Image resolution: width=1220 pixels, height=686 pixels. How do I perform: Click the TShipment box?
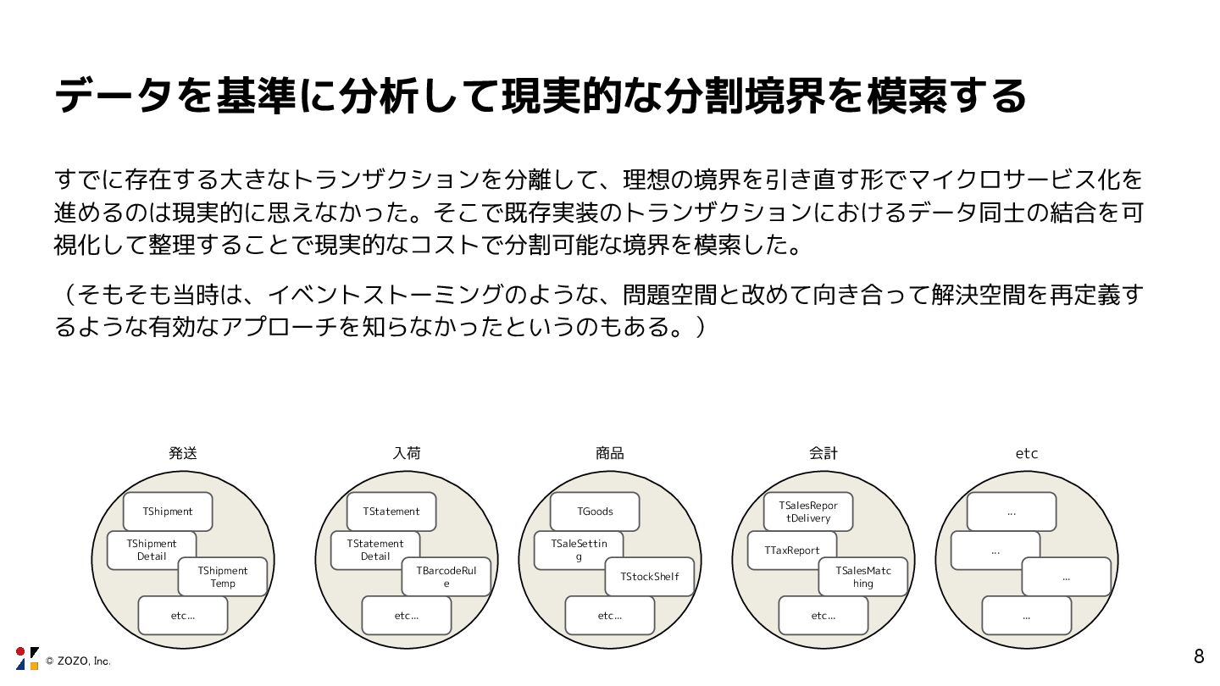pyautogui.click(x=168, y=512)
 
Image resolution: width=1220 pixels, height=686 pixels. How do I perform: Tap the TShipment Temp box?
pyautogui.click(x=223, y=577)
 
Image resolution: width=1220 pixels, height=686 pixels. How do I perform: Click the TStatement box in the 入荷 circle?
pyautogui.click(x=391, y=512)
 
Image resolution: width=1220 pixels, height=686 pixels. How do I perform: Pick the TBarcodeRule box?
pyautogui.click(x=446, y=577)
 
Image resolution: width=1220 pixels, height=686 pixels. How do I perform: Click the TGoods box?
pyautogui.click(x=595, y=512)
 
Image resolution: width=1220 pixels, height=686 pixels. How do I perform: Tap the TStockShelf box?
pyautogui.click(x=650, y=577)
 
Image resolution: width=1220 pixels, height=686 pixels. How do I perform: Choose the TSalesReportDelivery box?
pyautogui.click(x=808, y=512)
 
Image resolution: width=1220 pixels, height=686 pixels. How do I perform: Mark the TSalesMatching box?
pyautogui.click(x=863, y=577)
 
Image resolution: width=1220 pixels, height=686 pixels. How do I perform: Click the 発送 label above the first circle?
pyautogui.click(x=182, y=453)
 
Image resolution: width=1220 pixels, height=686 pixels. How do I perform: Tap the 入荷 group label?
pyautogui.click(x=407, y=453)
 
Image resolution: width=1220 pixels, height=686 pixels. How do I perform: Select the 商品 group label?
pyautogui.click(x=609, y=453)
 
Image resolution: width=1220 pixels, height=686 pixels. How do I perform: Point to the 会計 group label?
pyautogui.click(x=823, y=453)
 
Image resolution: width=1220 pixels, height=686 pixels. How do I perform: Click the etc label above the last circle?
pyautogui.click(x=1027, y=453)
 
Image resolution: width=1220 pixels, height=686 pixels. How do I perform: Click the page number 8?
pyautogui.click(x=1199, y=656)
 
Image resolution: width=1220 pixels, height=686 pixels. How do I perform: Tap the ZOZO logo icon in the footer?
pyautogui.click(x=27, y=658)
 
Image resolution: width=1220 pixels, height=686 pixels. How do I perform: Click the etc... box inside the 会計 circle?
pyautogui.click(x=823, y=616)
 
